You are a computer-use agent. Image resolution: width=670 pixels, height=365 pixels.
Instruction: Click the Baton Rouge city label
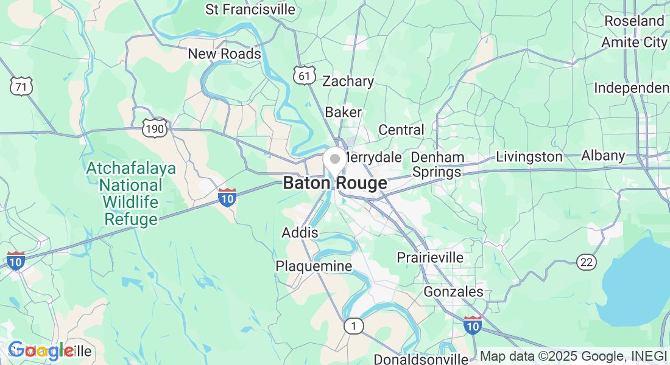pyautogui.click(x=334, y=183)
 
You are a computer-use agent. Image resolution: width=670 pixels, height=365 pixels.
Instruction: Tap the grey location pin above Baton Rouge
pyautogui.click(x=334, y=160)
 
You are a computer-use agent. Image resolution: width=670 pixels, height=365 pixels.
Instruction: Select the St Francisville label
pyautogui.click(x=250, y=10)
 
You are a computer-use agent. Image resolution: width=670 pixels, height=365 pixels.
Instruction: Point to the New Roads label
pyautogui.click(x=224, y=54)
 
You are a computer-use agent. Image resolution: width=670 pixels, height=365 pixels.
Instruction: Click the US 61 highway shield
pyautogui.click(x=304, y=75)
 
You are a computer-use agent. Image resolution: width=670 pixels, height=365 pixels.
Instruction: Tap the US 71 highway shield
pyautogui.click(x=21, y=87)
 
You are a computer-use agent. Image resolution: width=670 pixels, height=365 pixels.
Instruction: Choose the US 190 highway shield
pyautogui.click(x=154, y=128)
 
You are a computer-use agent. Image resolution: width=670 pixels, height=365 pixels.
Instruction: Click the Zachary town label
pyautogui.click(x=348, y=82)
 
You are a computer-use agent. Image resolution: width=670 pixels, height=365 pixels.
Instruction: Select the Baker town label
pyautogui.click(x=343, y=113)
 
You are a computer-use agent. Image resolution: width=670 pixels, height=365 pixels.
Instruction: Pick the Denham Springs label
pyautogui.click(x=437, y=164)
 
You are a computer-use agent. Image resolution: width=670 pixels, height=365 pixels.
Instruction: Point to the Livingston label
pyautogui.click(x=529, y=157)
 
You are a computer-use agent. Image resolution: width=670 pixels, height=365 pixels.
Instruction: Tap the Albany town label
pyautogui.click(x=603, y=156)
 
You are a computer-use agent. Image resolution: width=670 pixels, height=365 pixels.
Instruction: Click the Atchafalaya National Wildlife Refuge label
pyautogui.click(x=131, y=193)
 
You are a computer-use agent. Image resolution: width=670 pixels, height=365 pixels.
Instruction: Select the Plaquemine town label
pyautogui.click(x=314, y=266)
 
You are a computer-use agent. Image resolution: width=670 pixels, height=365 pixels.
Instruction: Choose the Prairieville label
pyautogui.click(x=430, y=257)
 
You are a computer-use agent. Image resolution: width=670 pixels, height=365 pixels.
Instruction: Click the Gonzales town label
pyautogui.click(x=453, y=292)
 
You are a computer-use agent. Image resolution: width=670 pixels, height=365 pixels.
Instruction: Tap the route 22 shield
pyautogui.click(x=587, y=262)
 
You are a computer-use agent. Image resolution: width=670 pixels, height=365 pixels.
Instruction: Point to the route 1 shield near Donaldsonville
pyautogui.click(x=353, y=327)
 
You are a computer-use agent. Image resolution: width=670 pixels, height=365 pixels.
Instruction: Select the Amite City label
pyautogui.click(x=634, y=43)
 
